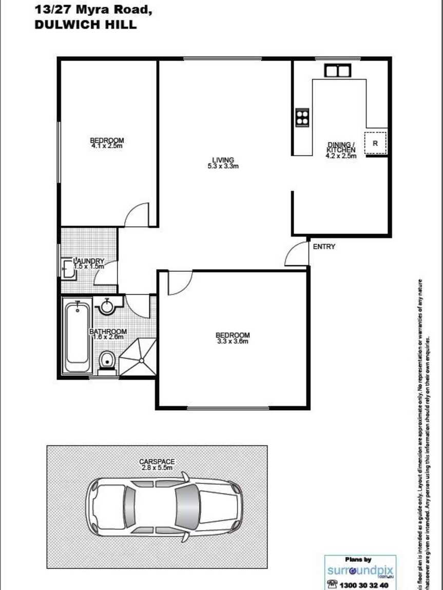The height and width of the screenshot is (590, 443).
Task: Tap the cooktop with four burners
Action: coord(302,117)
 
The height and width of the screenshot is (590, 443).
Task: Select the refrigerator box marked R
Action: coord(375,143)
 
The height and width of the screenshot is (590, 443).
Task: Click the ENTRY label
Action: coord(324,247)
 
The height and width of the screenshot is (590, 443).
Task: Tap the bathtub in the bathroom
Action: coord(77,337)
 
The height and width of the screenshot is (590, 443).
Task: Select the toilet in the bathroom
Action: coord(107,360)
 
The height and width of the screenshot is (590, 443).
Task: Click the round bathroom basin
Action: coord(107,306)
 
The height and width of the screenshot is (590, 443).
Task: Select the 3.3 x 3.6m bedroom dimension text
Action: coord(233,341)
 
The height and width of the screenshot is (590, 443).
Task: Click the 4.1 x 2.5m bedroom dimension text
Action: coord(107,146)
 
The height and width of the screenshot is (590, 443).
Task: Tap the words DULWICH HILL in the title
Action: coord(85,24)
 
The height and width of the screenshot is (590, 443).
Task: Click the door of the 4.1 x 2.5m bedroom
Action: coord(137,214)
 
